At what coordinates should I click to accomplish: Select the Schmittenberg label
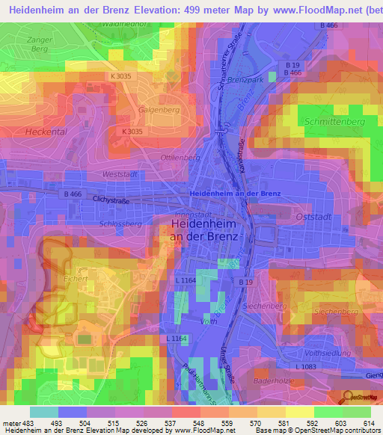click(334, 121)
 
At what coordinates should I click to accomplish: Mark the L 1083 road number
click(306, 366)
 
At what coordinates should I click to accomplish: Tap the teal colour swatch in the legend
click(44, 412)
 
